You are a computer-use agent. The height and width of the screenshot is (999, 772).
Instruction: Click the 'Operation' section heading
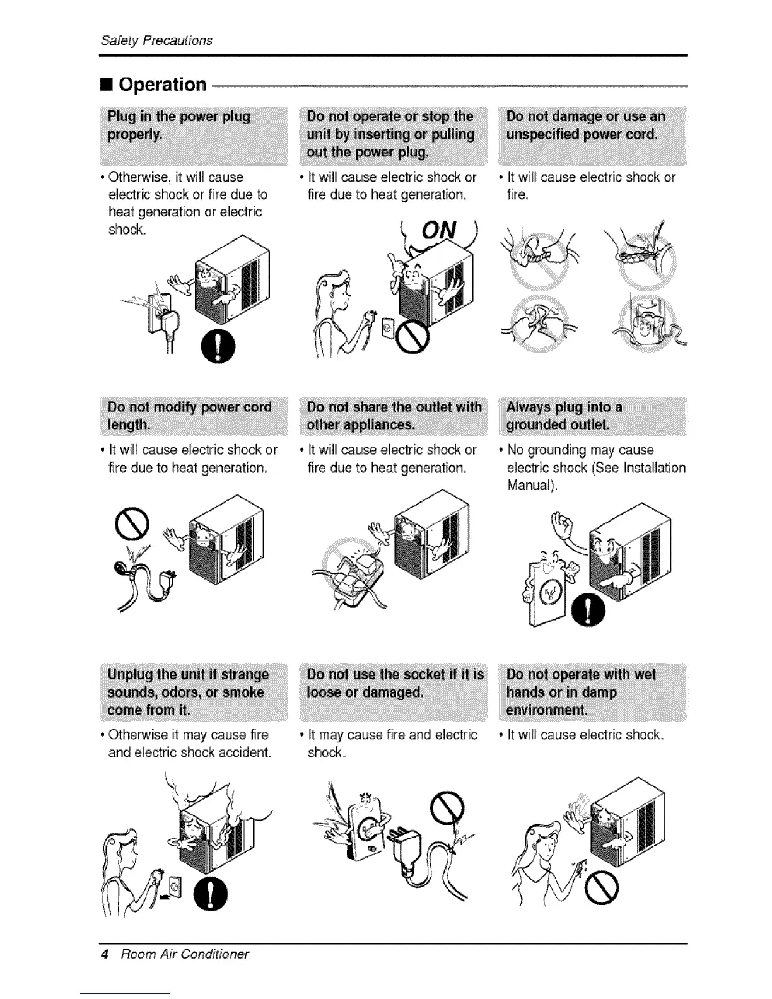pyautogui.click(x=163, y=85)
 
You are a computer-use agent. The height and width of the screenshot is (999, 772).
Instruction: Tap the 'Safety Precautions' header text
pyautogui.click(x=156, y=40)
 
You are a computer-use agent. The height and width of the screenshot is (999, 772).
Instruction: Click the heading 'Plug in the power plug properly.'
pyautogui.click(x=179, y=126)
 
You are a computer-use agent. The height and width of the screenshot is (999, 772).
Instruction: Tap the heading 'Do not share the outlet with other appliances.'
pyautogui.click(x=394, y=416)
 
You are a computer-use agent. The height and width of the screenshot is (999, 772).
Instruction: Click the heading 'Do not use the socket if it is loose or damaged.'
pyautogui.click(x=395, y=683)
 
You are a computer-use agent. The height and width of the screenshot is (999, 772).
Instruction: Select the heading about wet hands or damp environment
pyautogui.click(x=580, y=692)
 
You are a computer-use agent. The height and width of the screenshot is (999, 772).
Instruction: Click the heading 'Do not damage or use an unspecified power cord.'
pyautogui.click(x=585, y=126)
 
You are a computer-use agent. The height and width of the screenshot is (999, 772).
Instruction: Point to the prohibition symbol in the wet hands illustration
pyautogui.click(x=600, y=890)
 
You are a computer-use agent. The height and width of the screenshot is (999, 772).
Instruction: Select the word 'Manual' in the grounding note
pyautogui.click(x=530, y=486)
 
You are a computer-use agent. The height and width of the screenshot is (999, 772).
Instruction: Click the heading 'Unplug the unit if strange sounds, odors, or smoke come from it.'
pyautogui.click(x=188, y=692)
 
